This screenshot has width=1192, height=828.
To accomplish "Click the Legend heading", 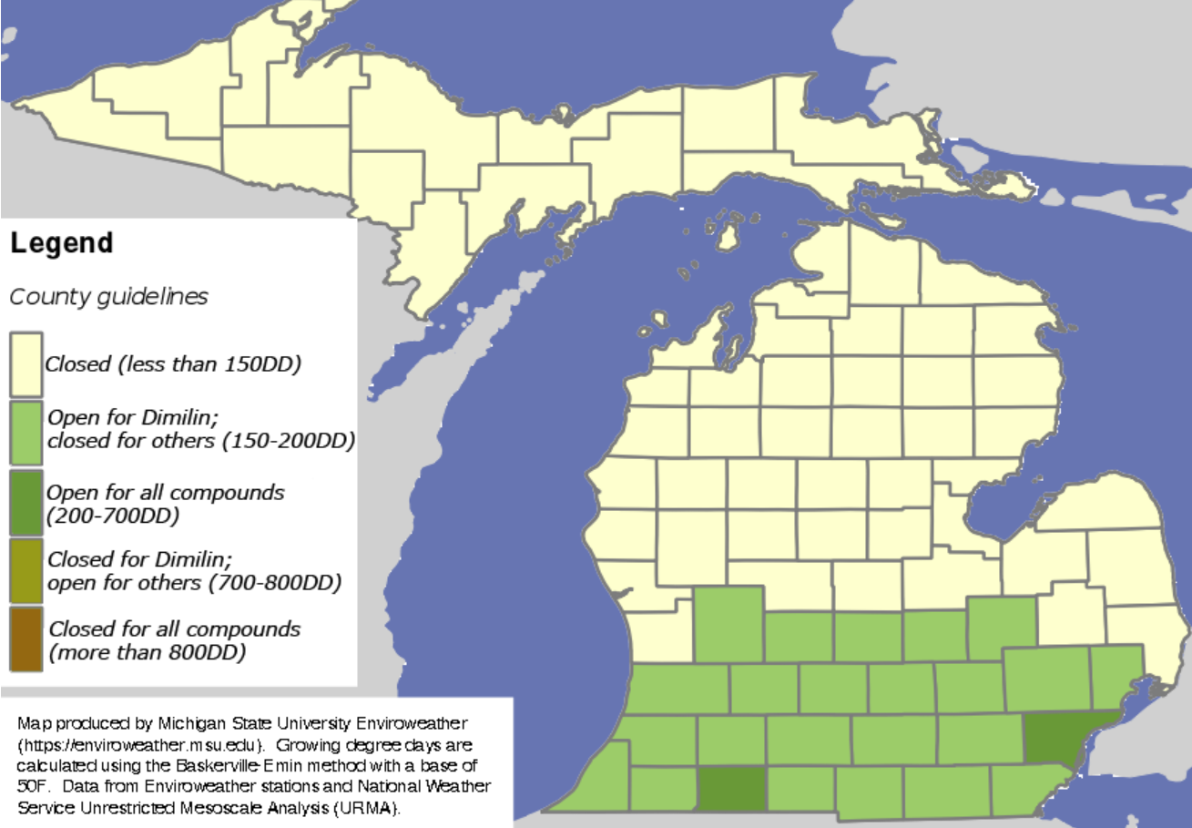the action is pyautogui.click(x=62, y=244).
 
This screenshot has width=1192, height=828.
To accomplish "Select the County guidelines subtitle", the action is pyautogui.click(x=108, y=297).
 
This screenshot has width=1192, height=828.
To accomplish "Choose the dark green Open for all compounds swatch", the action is pyautogui.click(x=25, y=502).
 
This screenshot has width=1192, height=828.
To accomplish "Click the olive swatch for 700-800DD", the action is pyautogui.click(x=25, y=570).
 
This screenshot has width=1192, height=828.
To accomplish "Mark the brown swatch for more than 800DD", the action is pyautogui.click(x=25, y=639).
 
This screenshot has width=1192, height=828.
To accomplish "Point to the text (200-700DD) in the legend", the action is pyautogui.click(x=113, y=516).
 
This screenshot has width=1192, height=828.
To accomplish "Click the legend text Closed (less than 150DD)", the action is pyautogui.click(x=173, y=365).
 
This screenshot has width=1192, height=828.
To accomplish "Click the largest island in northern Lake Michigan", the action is pyautogui.click(x=728, y=231).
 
